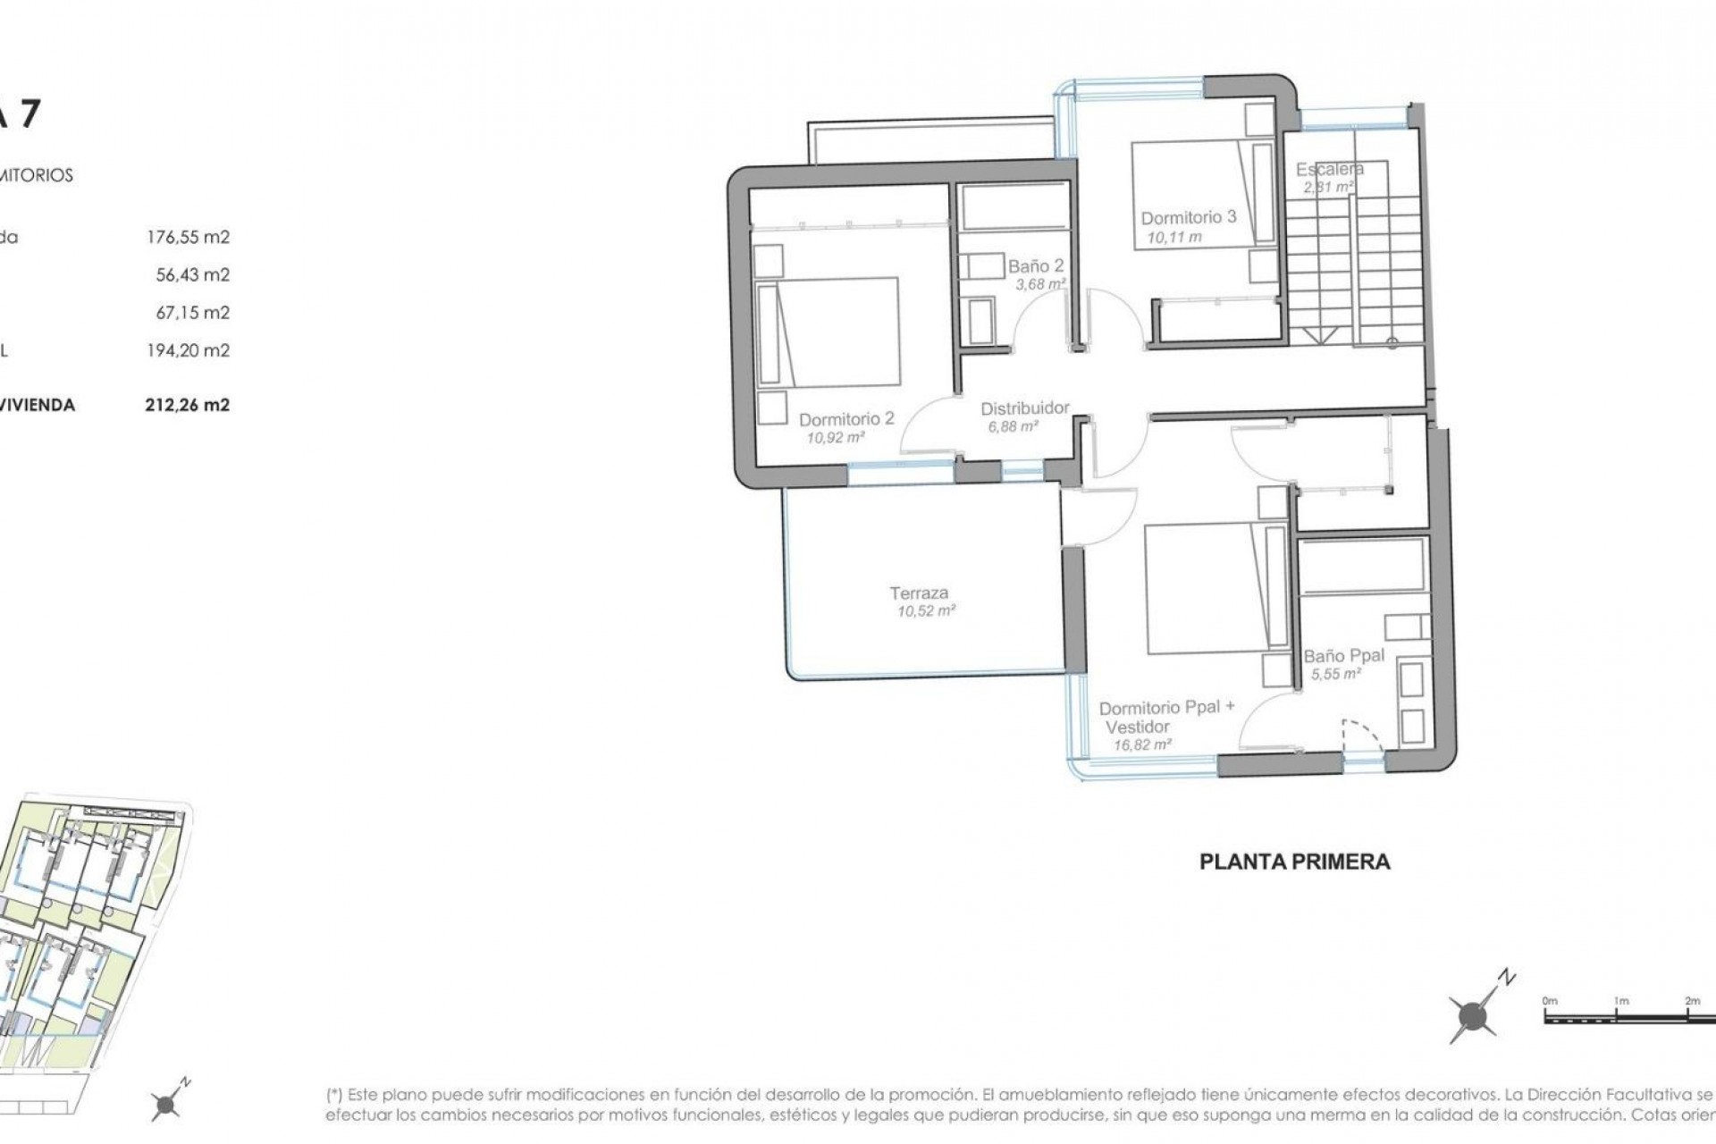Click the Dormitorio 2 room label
pyautogui.click(x=845, y=419)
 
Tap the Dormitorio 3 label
pyautogui.click(x=1188, y=217)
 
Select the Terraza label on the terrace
pyautogui.click(x=919, y=593)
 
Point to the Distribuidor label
pyautogui.click(x=1024, y=408)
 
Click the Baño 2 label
pyautogui.click(x=1036, y=266)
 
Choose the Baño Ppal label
pyautogui.click(x=1343, y=655)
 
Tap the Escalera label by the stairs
pyautogui.click(x=1329, y=169)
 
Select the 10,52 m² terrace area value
pyautogui.click(x=926, y=612)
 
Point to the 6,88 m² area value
pyautogui.click(x=1013, y=427)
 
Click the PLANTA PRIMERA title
pyautogui.click(x=1294, y=862)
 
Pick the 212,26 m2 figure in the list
pyautogui.click(x=187, y=405)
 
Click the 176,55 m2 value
pyautogui.click(x=188, y=237)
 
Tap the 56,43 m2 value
pyautogui.click(x=192, y=274)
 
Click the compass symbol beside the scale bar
pyautogui.click(x=1472, y=1015)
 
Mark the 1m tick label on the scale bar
pyautogui.click(x=1620, y=1001)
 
